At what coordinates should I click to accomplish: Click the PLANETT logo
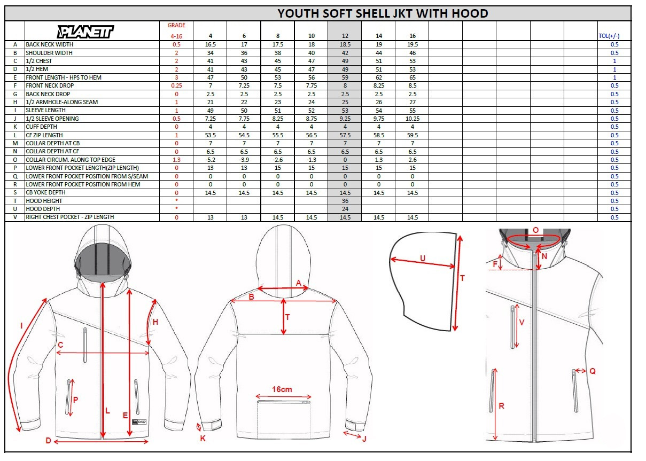click(x=85, y=32)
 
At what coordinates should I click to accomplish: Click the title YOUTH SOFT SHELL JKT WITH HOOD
click(x=383, y=13)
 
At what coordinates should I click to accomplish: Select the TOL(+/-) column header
click(x=609, y=36)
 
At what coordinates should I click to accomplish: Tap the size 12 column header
click(x=345, y=36)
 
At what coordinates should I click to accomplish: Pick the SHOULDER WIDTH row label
click(x=49, y=53)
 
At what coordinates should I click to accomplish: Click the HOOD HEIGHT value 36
click(x=345, y=201)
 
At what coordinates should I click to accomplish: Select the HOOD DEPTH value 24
click(x=345, y=209)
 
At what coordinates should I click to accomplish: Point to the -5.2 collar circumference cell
click(x=210, y=160)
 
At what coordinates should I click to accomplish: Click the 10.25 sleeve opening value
click(x=412, y=119)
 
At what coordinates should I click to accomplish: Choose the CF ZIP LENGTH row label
click(x=44, y=135)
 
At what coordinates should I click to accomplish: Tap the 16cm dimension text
click(x=282, y=389)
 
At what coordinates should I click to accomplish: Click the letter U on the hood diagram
click(x=423, y=259)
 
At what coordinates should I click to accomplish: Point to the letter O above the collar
click(x=535, y=230)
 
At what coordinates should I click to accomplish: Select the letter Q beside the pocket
click(x=593, y=371)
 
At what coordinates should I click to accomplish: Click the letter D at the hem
click(x=49, y=441)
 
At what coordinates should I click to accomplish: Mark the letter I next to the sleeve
click(x=21, y=326)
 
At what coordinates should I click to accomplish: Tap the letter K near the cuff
click(x=203, y=439)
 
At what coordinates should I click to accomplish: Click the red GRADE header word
click(x=176, y=25)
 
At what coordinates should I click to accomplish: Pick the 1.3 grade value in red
click(x=176, y=160)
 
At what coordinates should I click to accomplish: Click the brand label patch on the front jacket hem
click(x=139, y=422)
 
